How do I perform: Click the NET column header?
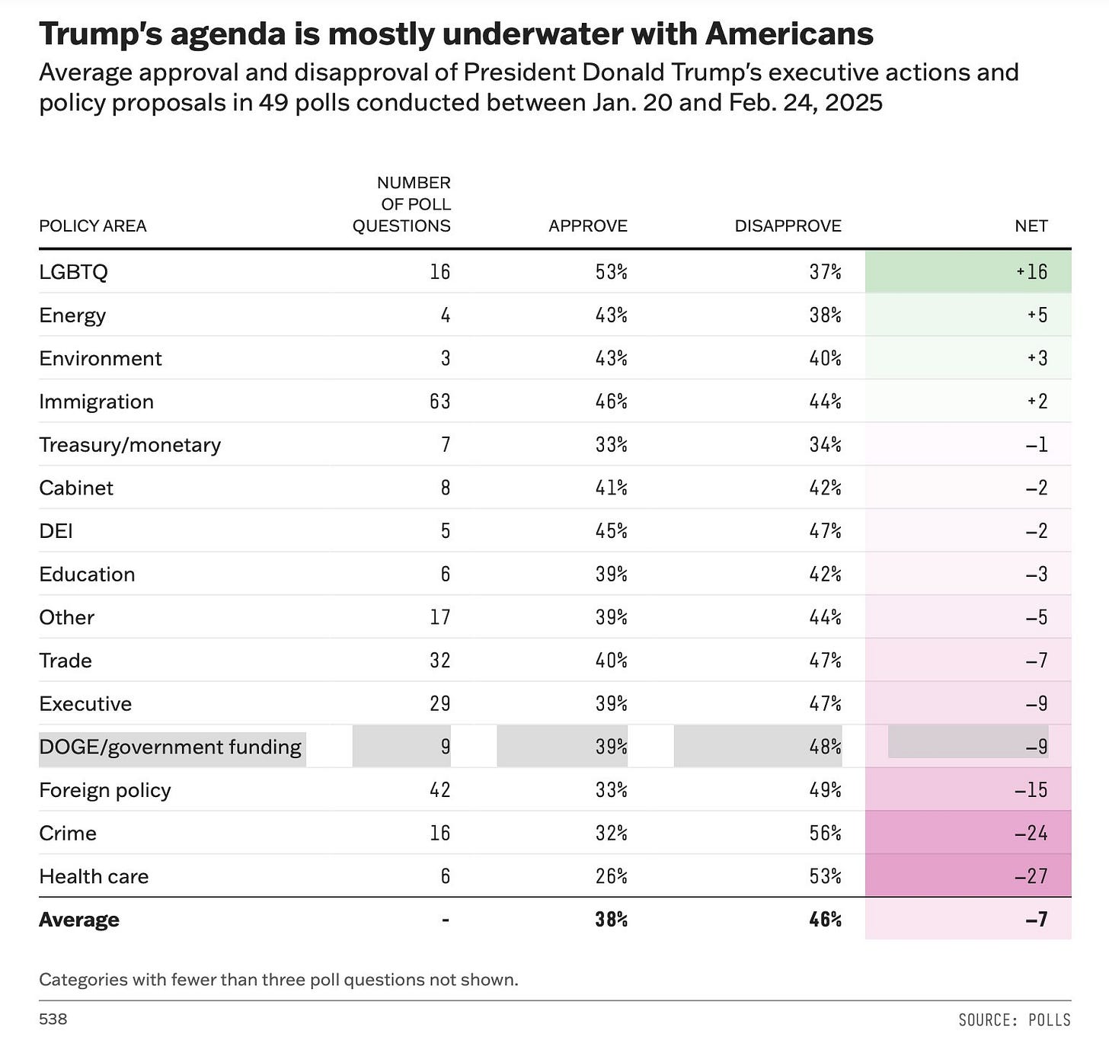[1031, 226]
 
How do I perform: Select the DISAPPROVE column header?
[788, 226]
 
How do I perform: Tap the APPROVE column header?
[587, 226]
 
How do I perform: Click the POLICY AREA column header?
[93, 226]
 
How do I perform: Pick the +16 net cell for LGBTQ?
[1032, 272]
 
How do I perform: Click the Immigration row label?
[97, 402]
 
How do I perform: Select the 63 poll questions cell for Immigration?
[439, 402]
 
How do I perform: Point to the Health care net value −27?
[1031, 876]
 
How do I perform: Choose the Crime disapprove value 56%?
[825, 834]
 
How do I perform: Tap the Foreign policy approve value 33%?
[611, 790]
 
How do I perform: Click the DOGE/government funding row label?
[171, 747]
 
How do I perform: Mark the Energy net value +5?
[1037, 315]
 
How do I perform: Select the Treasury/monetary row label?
[130, 445]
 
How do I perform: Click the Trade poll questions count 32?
[439, 661]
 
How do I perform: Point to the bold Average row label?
[79, 920]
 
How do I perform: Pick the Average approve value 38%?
[611, 920]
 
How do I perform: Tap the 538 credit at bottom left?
[53, 1019]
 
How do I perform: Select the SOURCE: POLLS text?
[1014, 1019]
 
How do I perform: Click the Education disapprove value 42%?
[825, 575]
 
